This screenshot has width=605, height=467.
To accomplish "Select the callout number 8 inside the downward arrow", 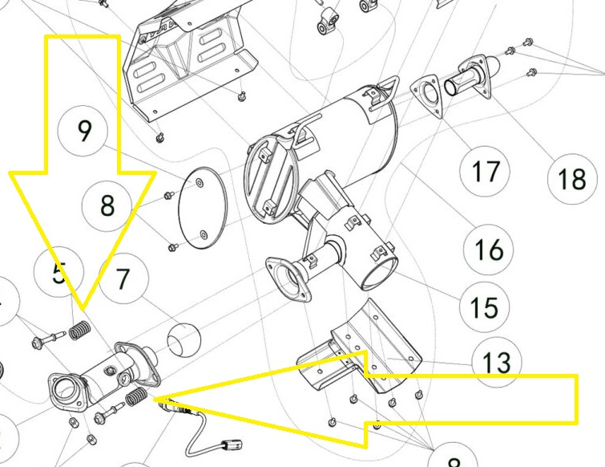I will point(107,206).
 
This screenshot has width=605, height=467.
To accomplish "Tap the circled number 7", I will point(123,279).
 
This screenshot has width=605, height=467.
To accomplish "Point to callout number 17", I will point(486,171).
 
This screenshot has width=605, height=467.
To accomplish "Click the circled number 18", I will point(572,179).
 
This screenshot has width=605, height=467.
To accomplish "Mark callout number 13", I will point(497,362).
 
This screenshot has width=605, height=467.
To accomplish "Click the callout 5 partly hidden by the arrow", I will point(58,274).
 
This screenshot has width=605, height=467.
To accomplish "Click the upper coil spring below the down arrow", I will point(79,329).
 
